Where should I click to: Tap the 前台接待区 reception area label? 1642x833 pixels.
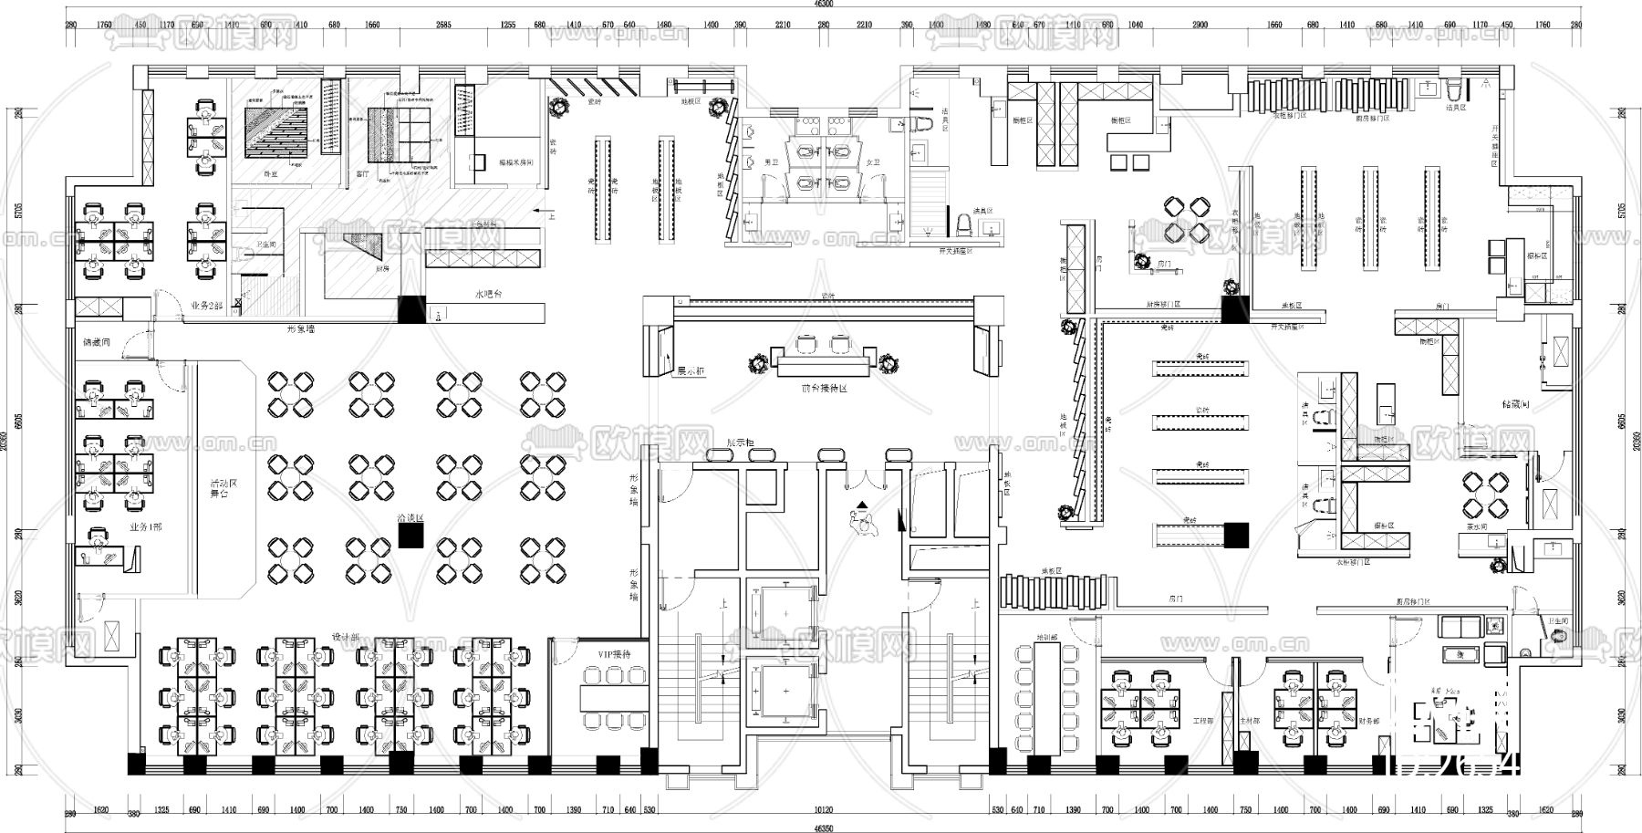coord(824,388)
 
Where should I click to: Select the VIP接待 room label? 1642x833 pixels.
coord(614,654)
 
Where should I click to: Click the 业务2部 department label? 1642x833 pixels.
coord(207,305)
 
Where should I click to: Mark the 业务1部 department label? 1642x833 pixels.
coord(144,527)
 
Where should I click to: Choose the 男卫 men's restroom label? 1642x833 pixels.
coord(771,162)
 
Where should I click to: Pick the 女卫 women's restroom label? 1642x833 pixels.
coord(873,162)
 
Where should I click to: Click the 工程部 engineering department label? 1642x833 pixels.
coord(1202,721)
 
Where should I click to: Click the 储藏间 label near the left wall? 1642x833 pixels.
coord(96,343)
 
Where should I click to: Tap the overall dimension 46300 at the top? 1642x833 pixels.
coord(824,5)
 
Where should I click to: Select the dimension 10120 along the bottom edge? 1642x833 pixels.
coord(824,809)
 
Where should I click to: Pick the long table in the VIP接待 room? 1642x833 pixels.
coord(614,699)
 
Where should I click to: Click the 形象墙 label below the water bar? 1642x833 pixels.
coord(301,328)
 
